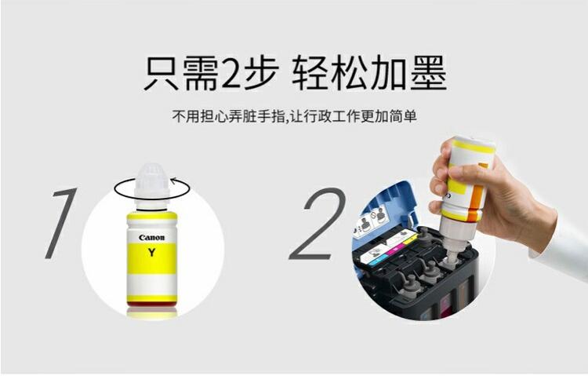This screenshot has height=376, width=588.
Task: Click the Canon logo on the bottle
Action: (152, 237)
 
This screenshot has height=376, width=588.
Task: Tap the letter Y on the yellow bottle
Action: (151, 253)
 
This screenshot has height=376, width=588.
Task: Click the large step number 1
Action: (61, 224)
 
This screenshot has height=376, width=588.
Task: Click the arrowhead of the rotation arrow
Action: (174, 181)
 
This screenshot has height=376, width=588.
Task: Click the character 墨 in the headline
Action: (428, 73)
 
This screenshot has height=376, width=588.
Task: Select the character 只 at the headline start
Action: (162, 73)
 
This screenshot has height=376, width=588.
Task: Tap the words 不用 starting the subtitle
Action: (186, 116)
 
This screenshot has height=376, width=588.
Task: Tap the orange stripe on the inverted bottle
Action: (477, 195)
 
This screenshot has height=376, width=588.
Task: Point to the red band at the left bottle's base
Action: (152, 304)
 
